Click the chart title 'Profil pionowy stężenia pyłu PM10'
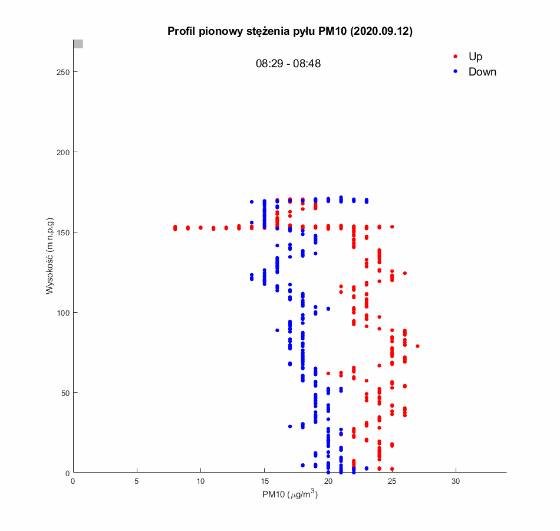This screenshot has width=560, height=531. tap(289, 31)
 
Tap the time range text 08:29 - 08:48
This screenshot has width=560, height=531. tap(288, 64)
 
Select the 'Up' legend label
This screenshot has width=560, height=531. tap(475, 57)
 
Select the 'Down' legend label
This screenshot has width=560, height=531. tap(482, 72)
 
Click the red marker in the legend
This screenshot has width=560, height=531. tap(454, 57)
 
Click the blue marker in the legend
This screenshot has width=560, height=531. tap(454, 72)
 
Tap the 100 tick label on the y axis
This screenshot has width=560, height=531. tap(62, 313)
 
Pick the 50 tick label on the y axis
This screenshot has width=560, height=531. tap(64, 393)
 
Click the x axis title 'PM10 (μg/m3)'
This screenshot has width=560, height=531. tap(290, 495)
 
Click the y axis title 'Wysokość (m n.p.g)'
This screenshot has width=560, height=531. tap(51, 256)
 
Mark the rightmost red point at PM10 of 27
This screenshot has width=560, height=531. tap(417, 346)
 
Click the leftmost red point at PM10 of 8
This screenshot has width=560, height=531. tap(175, 228)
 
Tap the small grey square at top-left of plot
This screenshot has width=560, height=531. tap(78, 44)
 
